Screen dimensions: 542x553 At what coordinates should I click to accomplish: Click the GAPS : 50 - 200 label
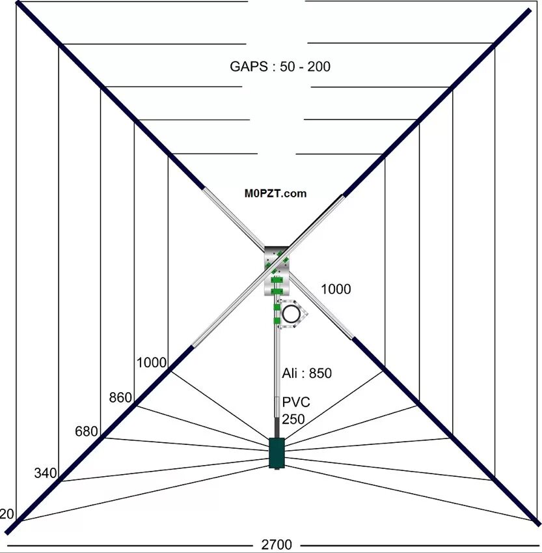pyautogui.click(x=280, y=66)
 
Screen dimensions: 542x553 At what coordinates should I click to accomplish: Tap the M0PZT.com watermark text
pyautogui.click(x=275, y=193)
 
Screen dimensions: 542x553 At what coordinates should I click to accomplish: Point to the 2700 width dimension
pyautogui.click(x=277, y=545)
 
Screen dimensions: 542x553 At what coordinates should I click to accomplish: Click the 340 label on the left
pyautogui.click(x=46, y=473)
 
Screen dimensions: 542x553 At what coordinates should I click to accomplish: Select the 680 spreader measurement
pyautogui.click(x=87, y=431)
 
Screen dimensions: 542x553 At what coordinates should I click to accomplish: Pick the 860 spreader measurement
pyautogui.click(x=120, y=397)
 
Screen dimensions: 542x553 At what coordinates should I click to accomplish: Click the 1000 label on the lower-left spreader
pyautogui.click(x=152, y=363)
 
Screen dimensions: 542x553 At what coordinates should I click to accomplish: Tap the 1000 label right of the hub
pyautogui.click(x=336, y=289)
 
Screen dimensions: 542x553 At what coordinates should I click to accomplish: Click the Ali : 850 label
pyautogui.click(x=306, y=373)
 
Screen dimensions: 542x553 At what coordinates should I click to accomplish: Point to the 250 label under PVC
pyautogui.click(x=293, y=419)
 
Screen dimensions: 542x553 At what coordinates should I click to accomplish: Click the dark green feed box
pyautogui.click(x=277, y=453)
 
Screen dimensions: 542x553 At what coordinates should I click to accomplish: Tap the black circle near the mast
pyautogui.click(x=291, y=314)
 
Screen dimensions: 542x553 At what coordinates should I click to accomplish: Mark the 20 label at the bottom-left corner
pyautogui.click(x=7, y=515)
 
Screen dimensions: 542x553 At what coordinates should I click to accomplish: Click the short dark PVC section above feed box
pyautogui.click(x=277, y=428)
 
